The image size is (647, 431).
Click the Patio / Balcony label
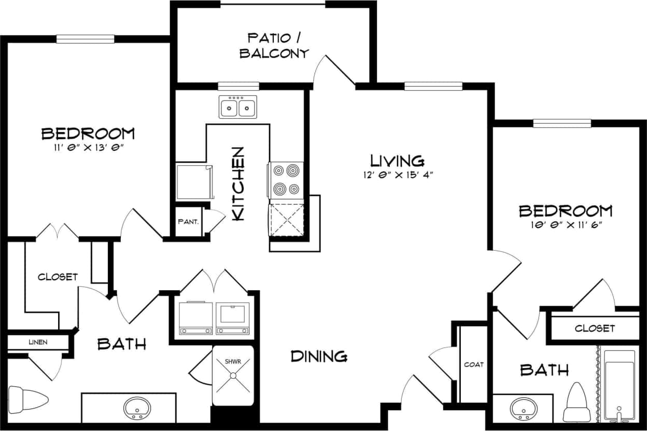point(274,45)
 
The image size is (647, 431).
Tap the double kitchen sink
point(238,107)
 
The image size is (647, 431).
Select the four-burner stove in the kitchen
point(286,180)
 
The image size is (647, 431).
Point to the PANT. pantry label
point(188,222)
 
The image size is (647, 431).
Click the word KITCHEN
point(237,184)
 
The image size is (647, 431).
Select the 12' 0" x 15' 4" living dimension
point(398,175)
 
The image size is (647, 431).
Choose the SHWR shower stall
point(233,376)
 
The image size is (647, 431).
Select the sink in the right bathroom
point(523,409)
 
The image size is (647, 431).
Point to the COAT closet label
point(473,365)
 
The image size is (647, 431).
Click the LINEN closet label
point(37,342)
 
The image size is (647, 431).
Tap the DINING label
point(319,356)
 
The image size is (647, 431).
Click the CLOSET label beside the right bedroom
point(595,328)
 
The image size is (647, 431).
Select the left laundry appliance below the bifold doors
point(195,317)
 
